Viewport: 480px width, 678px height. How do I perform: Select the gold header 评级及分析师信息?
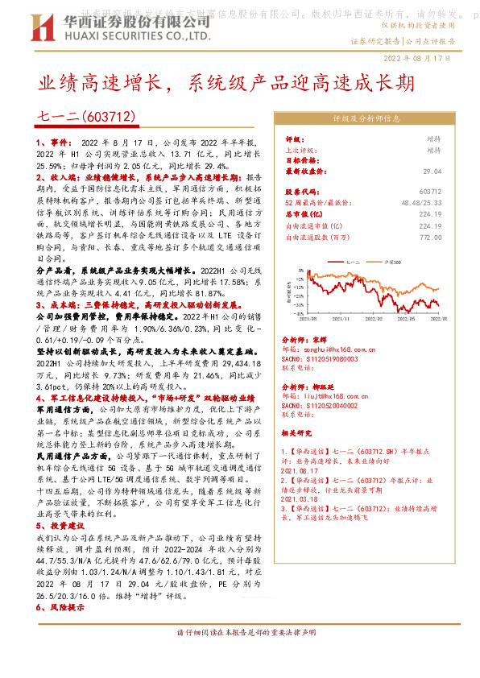pyautogui.click(x=366, y=118)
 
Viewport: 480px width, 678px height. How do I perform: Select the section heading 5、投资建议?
pyautogui.click(x=59, y=523)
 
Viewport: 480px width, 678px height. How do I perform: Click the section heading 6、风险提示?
pyautogui.click(x=59, y=607)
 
